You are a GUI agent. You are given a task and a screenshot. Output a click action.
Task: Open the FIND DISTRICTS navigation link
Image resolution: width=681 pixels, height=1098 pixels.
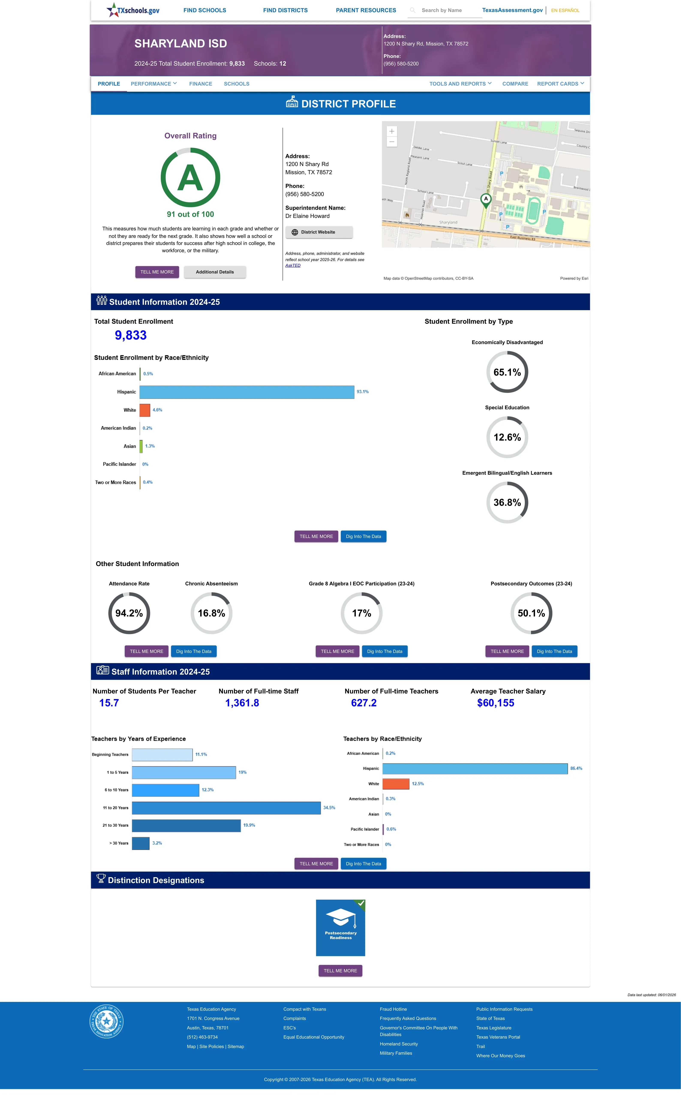point(286,10)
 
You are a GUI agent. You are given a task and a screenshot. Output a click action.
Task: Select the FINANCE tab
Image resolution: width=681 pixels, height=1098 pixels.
point(200,84)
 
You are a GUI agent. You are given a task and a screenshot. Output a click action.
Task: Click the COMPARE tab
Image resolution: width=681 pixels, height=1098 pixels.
point(515,84)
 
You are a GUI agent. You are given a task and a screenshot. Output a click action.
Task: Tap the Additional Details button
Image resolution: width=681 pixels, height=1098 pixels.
point(215,272)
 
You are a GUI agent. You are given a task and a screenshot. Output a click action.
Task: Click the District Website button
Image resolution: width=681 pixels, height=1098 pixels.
point(319,232)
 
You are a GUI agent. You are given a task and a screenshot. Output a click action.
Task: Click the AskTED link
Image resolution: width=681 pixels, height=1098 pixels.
point(293,265)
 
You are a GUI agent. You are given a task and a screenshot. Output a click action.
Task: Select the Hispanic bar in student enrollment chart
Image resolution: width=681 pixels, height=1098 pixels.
point(247,392)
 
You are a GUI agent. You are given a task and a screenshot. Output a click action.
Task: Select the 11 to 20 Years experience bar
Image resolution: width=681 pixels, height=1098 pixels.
point(226,808)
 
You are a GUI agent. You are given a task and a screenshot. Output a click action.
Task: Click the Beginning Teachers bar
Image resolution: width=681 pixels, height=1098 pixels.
point(162,755)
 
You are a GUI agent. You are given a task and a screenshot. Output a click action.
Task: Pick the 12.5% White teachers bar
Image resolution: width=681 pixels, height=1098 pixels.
point(396,784)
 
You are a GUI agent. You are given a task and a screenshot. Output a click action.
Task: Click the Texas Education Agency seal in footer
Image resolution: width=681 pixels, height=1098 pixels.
point(106,1021)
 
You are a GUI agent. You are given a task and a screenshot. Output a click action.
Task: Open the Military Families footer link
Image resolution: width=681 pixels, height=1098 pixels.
point(396,1053)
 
